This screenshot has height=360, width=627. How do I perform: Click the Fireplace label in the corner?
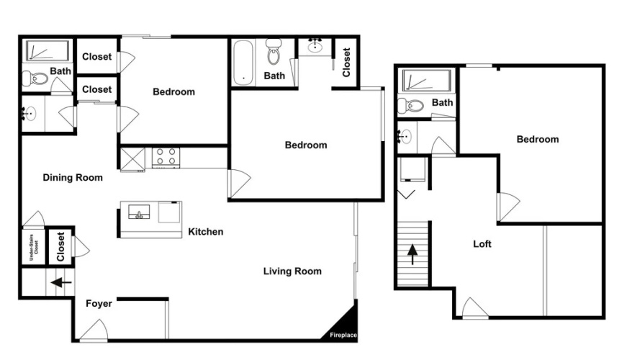pos(343,336)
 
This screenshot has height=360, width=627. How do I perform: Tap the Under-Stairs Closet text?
pos(34,248)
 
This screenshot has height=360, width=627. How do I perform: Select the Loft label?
pos(482,244)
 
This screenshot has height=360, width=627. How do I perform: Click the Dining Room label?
pos(73,178)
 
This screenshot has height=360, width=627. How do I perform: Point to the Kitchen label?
pos(206,232)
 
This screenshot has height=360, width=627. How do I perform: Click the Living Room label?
pos(292,271)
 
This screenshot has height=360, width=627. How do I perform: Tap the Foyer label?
pos(99,304)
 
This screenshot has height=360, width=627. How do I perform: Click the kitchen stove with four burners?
pos(166,158)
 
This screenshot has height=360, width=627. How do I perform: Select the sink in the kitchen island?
pos(139,212)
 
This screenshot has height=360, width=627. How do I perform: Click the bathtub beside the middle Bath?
pos(243,63)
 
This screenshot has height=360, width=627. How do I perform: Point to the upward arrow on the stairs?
pos(412,254)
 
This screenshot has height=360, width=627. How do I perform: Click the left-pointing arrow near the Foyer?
pos(61,282)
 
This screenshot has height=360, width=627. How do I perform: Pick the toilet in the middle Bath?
pos(274,52)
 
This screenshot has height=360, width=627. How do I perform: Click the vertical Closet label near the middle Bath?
pos(346,63)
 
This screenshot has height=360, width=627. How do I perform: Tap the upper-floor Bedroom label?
pos(538,139)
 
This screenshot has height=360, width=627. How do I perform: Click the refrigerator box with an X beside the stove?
pos(132,160)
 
